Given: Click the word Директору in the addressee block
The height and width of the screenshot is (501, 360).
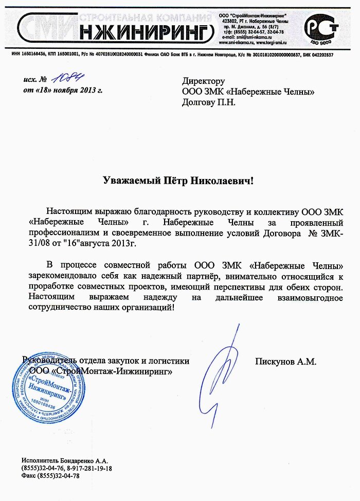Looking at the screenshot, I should [x=204, y=81].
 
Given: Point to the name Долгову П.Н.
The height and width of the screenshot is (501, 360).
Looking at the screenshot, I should [x=208, y=102].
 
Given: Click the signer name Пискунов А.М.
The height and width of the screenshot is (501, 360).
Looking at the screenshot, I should [x=285, y=362].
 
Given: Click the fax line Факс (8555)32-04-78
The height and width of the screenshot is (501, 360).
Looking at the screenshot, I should [x=50, y=476].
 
